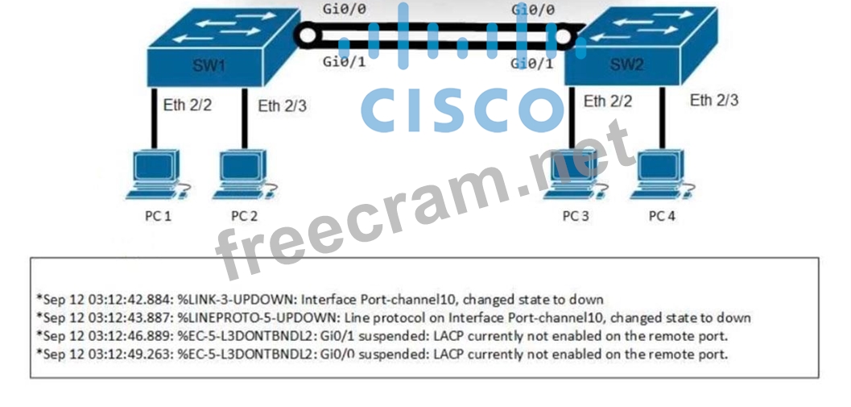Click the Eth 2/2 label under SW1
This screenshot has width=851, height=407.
[188, 105]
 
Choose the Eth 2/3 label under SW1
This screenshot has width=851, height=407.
[282, 106]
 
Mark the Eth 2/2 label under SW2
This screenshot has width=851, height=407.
[608, 102]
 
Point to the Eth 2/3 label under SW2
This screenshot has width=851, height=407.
[714, 101]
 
